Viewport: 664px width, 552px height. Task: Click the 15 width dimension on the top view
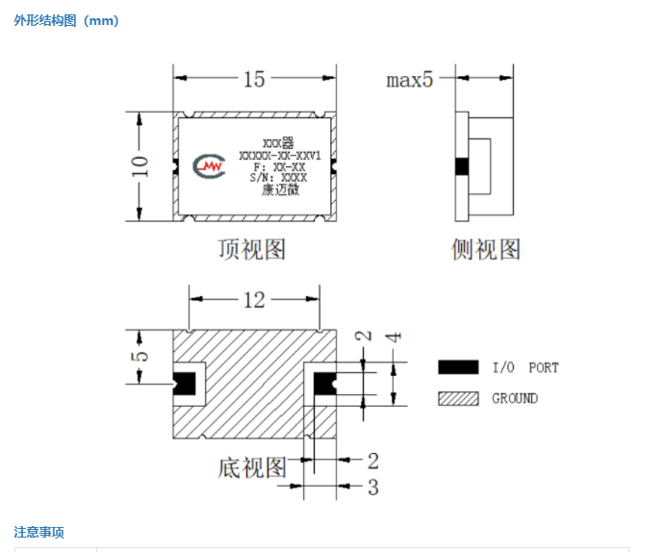point(254,79)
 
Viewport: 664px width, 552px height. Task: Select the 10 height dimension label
point(140,166)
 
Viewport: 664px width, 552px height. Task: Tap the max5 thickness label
point(410,80)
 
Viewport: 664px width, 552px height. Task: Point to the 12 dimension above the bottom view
point(254,300)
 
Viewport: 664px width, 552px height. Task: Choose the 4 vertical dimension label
point(394,337)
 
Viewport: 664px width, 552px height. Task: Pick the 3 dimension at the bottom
point(373,488)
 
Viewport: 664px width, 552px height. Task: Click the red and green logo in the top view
point(209,166)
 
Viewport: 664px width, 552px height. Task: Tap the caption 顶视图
point(252,249)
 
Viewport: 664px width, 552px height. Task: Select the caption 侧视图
point(486,249)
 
